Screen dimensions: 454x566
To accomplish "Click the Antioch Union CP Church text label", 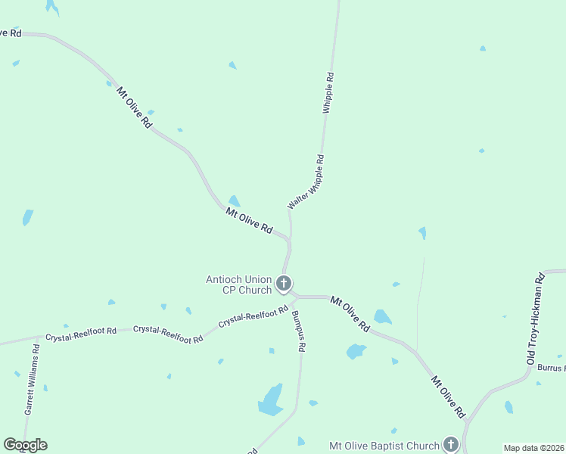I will [238, 285].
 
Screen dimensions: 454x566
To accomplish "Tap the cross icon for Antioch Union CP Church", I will [284, 285].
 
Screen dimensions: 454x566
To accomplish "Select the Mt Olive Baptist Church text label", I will [383, 445].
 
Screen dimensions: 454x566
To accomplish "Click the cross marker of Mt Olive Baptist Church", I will [451, 445].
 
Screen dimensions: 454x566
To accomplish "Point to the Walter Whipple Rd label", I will [306, 182].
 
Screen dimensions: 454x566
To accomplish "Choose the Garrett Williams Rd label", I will [31, 379].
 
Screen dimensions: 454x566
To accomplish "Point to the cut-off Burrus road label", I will [552, 368].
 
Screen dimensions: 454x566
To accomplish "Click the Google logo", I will [25, 445].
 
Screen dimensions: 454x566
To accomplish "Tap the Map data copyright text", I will [533, 448].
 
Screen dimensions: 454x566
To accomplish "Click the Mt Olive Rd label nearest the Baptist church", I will [448, 396].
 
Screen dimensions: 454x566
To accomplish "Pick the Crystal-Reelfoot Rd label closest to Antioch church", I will [253, 316].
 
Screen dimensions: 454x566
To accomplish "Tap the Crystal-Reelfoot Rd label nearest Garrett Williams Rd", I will [80, 331].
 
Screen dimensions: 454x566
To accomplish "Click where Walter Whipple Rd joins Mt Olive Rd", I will [289, 241].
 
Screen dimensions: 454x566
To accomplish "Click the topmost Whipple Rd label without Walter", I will [328, 93].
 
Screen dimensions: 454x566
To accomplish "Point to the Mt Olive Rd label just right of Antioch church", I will [350, 313].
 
